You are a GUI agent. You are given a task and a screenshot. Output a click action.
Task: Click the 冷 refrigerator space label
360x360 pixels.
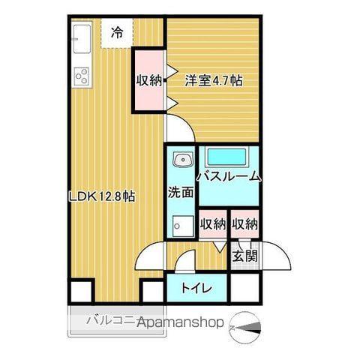click(117, 32)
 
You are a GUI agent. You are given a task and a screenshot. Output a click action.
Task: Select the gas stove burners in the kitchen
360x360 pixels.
click(81, 76)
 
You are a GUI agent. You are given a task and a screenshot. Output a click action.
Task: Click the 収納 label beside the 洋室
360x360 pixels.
click(149, 80)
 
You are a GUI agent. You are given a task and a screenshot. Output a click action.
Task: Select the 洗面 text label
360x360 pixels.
click(181, 192)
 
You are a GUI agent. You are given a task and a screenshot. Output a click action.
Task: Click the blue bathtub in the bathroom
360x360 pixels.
click(228, 157)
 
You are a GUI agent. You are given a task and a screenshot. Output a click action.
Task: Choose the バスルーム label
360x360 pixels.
click(228, 177)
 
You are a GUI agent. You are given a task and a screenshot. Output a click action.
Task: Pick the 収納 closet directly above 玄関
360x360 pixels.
click(244, 224)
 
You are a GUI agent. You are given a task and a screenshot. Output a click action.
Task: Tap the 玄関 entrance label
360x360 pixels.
click(244, 256)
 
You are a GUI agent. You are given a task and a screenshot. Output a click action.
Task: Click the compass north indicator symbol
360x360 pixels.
click(247, 325)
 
